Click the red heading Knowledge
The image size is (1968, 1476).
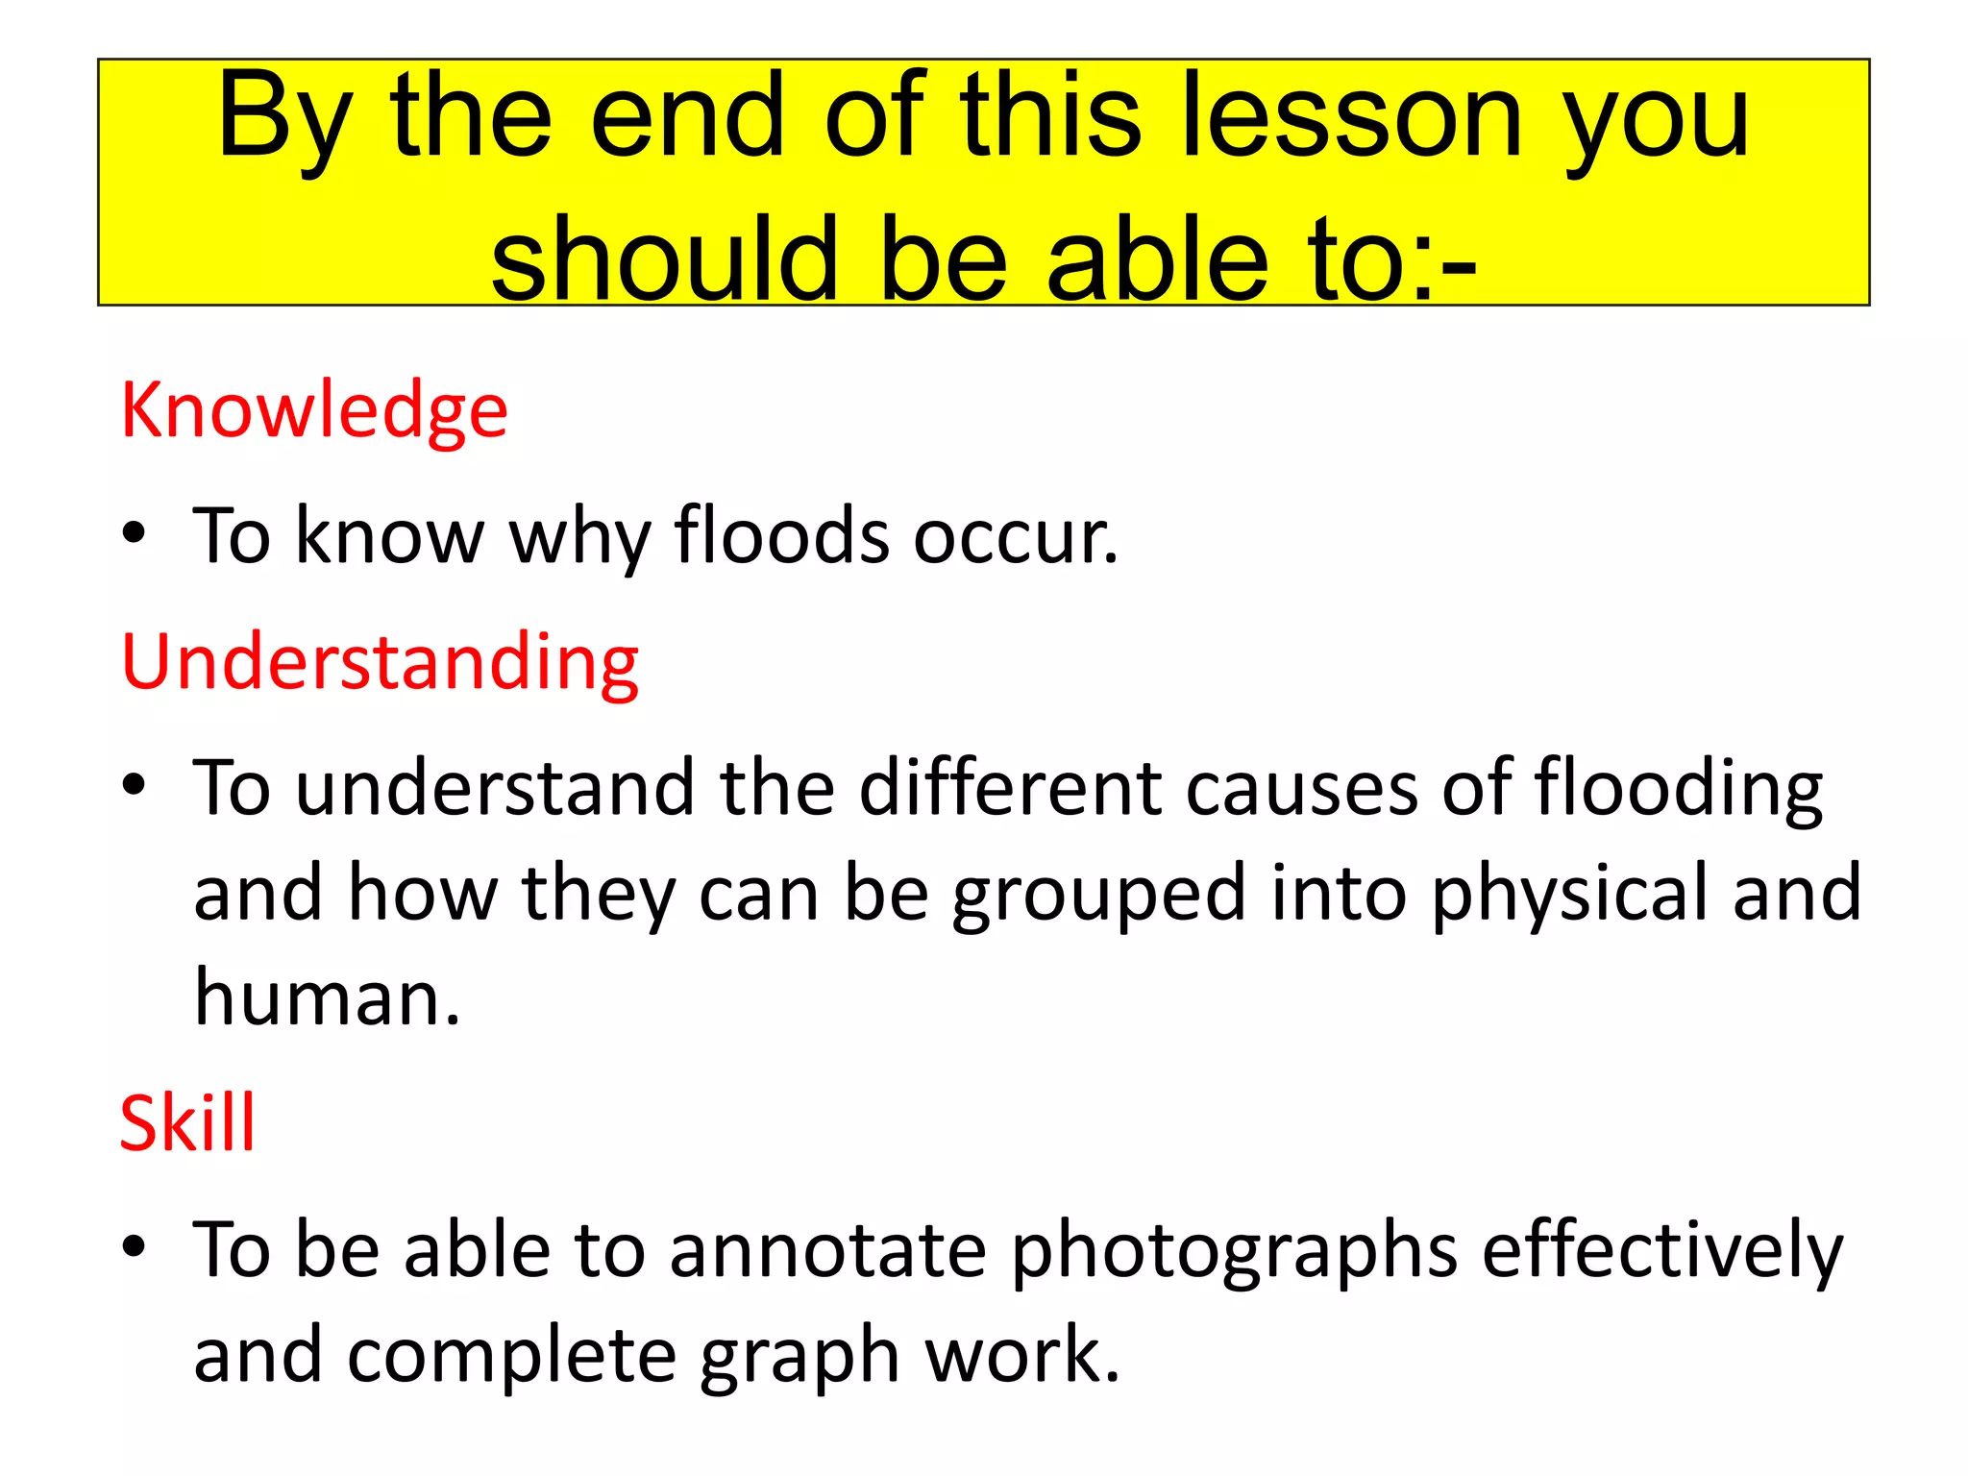[314, 411]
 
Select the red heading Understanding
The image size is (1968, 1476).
[381, 663]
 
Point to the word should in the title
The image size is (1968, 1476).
[664, 258]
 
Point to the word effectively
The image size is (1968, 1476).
[1662, 1251]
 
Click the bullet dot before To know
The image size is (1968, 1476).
[135, 533]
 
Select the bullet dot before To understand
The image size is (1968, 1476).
[135, 785]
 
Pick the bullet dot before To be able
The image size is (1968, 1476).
[135, 1247]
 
